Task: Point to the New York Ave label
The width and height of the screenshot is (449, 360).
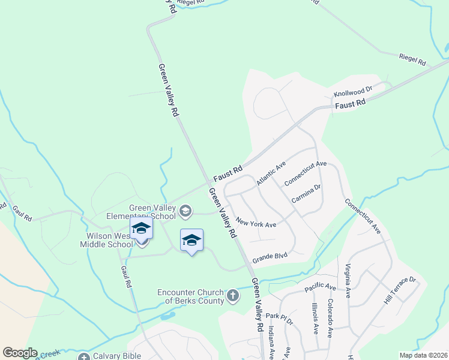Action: [x=256, y=223]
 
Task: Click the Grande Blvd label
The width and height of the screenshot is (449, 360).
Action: [x=270, y=257]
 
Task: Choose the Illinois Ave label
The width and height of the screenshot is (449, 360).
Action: [x=314, y=317]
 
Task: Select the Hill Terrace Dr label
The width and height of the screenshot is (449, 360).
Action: [x=400, y=289]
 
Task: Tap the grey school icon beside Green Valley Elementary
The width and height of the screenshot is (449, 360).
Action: [x=185, y=209]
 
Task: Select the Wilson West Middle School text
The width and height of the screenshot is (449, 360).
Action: [x=107, y=240]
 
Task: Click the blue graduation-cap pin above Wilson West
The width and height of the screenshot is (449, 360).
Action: [x=141, y=229]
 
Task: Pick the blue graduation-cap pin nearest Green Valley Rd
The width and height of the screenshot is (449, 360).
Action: [x=191, y=241]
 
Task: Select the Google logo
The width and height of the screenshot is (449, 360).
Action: [x=20, y=353]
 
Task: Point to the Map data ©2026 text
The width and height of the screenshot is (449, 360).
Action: [x=423, y=355]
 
